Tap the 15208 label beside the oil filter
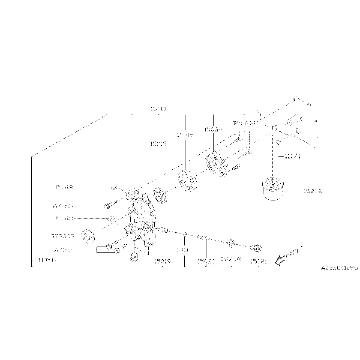(313, 191)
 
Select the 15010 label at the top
(158, 109)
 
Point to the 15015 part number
(158, 145)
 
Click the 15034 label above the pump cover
(212, 129)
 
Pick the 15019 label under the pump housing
(161, 261)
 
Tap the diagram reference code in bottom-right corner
(338, 268)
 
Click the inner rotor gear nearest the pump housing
(160, 194)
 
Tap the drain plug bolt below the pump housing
(133, 258)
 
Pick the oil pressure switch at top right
(293, 122)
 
